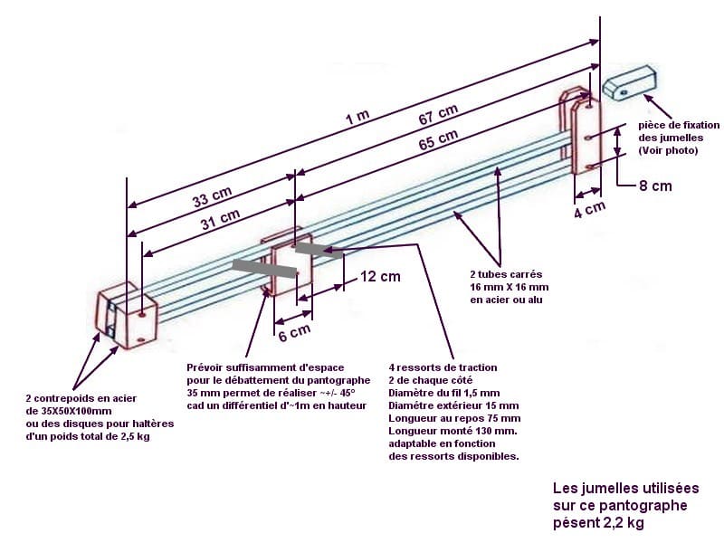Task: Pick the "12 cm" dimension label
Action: pos(379,277)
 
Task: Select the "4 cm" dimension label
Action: pos(589,208)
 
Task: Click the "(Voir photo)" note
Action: pos(668,150)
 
